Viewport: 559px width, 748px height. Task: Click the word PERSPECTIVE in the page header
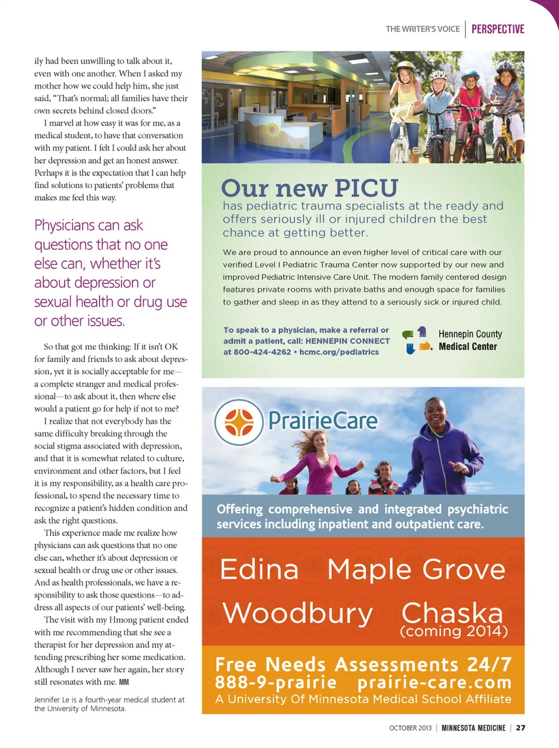(498, 29)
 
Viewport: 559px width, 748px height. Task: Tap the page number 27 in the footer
(521, 728)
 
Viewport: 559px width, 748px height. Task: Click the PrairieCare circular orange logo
(239, 422)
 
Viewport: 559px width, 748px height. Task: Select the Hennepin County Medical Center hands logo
(417, 341)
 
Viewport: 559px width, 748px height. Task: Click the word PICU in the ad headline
(366, 188)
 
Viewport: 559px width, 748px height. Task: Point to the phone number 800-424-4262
(261, 352)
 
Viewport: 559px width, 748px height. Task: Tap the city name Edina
(259, 569)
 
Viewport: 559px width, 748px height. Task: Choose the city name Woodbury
(298, 613)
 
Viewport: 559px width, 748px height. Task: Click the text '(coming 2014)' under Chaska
(454, 631)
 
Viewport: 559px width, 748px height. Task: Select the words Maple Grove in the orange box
(416, 569)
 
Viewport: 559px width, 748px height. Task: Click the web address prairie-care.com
(434, 682)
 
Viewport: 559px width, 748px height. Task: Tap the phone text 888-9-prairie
(275, 682)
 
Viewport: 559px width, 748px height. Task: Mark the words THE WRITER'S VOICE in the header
(423, 29)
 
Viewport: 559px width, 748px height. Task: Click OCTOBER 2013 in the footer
(411, 728)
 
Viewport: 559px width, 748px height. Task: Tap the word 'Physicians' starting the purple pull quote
(64, 225)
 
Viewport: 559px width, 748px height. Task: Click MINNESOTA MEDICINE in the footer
(473, 728)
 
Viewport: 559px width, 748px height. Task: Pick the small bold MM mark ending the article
(124, 682)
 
